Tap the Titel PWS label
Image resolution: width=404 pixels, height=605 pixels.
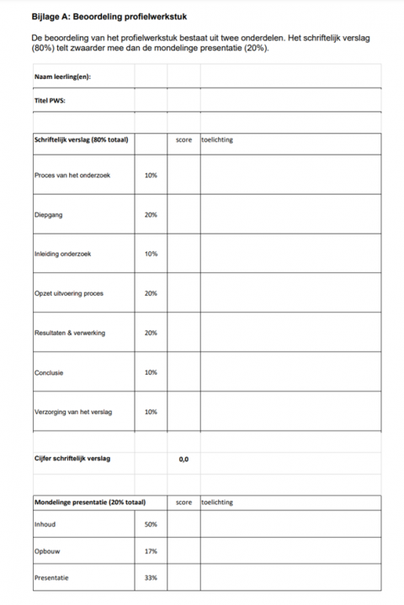point(50,101)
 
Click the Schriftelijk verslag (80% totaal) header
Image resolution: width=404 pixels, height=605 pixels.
point(81,139)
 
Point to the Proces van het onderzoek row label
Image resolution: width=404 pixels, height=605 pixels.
point(72,176)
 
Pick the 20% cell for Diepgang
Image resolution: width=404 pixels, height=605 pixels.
point(151,215)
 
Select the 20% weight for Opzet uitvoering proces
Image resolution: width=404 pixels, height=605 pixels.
point(151,293)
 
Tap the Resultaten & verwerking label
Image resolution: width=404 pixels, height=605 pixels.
point(70,333)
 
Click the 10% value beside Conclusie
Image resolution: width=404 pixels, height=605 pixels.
point(151,372)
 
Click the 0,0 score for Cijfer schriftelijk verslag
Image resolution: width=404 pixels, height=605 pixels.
point(183,459)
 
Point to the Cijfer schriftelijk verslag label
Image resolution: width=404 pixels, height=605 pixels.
point(72,459)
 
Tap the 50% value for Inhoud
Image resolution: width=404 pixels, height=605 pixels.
point(151,524)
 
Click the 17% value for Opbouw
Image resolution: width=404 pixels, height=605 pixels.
point(151,551)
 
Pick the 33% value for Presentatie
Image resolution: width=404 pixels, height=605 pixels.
point(151,578)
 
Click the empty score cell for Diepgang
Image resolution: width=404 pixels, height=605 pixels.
point(183,215)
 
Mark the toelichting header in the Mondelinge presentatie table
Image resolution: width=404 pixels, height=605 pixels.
point(218,502)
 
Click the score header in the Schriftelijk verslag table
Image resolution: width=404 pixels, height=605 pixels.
point(184,139)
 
